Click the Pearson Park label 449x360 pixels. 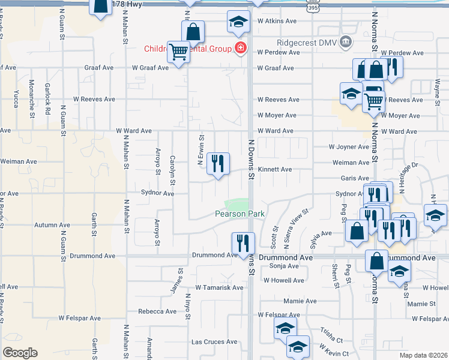[240, 214]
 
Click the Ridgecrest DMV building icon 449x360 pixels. [345, 41]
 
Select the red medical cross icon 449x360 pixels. [240, 48]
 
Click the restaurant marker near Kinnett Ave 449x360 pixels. [217, 163]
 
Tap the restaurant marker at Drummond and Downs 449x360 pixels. [243, 243]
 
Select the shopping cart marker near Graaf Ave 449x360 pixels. [178, 53]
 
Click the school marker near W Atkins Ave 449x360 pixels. [238, 22]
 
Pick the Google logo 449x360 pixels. [20, 353]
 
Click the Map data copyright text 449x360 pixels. [423, 355]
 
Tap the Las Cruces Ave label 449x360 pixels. [214, 342]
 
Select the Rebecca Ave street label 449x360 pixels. [157, 311]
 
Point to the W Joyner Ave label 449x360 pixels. [348, 147]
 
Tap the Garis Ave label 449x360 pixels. [355, 178]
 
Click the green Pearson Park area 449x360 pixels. [237, 203]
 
